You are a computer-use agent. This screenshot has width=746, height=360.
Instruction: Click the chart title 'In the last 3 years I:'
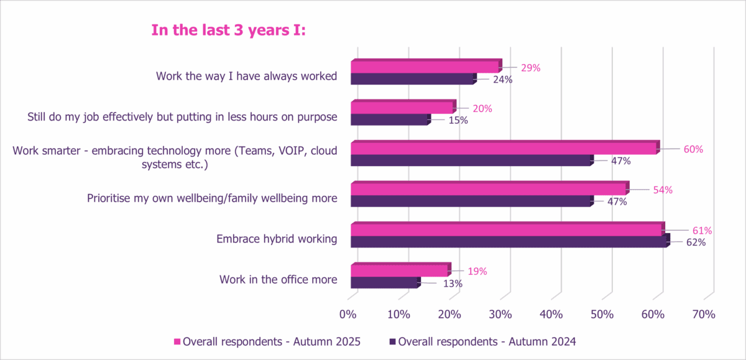click(229, 30)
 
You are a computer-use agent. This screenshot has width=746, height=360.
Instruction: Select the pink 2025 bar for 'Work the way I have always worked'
click(425, 67)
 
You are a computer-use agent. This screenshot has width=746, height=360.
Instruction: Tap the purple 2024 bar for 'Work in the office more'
click(384, 283)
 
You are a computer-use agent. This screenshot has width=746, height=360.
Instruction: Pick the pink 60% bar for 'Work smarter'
click(504, 148)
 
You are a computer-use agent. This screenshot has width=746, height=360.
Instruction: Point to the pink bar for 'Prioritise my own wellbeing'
click(489, 188)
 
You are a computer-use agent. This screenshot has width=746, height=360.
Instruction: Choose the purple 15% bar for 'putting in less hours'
click(389, 119)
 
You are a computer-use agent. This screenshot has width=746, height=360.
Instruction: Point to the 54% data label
click(662, 190)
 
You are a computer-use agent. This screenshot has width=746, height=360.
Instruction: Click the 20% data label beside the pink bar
click(482, 108)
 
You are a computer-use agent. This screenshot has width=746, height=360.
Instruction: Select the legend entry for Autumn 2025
click(267, 341)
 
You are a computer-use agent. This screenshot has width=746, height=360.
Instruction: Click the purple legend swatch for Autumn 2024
click(392, 341)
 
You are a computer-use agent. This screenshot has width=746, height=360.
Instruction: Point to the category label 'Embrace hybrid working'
click(277, 239)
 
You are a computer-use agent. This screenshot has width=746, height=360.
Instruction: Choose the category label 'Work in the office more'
click(278, 279)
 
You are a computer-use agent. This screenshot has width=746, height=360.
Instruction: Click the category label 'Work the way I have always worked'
click(247, 76)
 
